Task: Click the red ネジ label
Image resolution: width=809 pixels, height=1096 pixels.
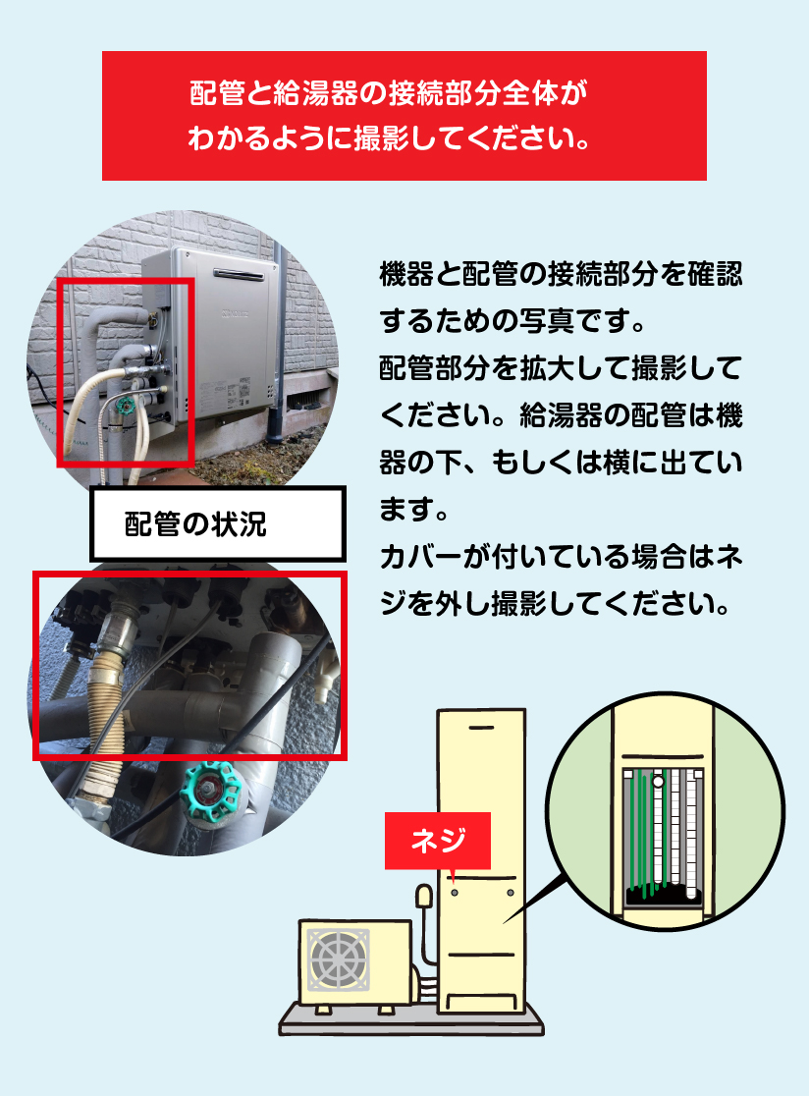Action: click(437, 841)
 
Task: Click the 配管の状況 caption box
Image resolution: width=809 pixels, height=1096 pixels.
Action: click(218, 524)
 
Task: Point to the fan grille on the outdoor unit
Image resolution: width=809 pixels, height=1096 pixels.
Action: click(338, 959)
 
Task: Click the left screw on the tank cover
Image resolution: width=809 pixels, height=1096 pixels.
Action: click(455, 893)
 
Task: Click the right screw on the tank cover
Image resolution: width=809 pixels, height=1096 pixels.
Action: click(510, 893)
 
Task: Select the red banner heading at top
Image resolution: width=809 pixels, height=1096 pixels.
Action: click(404, 115)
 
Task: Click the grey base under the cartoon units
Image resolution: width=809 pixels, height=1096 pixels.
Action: click(410, 1022)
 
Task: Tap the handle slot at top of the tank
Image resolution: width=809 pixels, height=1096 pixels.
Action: click(481, 728)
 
